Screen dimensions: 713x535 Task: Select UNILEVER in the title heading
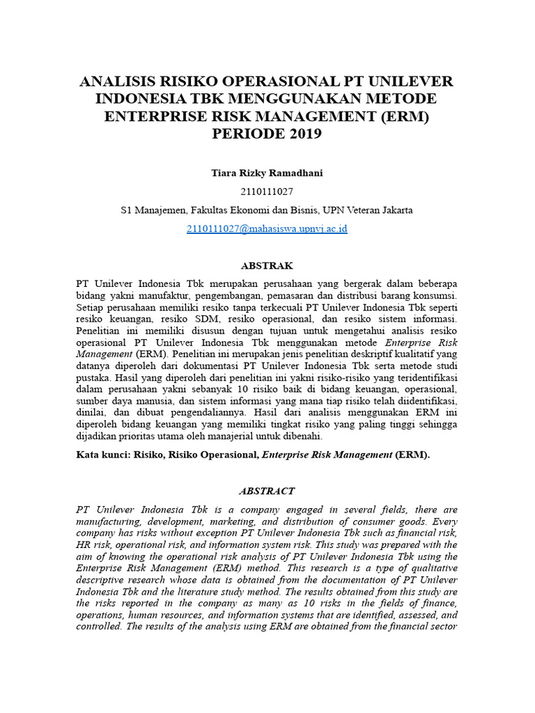pos(412,81)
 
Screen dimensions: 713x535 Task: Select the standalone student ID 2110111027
pos(267,191)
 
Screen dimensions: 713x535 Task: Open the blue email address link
pos(267,228)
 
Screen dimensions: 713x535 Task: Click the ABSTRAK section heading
pos(267,266)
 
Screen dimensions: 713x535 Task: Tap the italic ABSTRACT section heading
pos(267,491)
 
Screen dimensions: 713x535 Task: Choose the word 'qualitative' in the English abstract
pos(431,568)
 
